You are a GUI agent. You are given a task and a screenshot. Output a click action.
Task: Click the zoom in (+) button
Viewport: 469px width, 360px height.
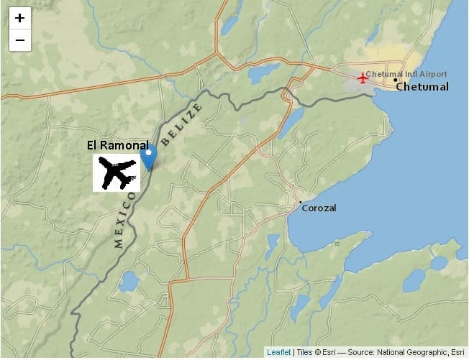(19, 18)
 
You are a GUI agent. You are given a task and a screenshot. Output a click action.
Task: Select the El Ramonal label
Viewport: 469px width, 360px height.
(118, 145)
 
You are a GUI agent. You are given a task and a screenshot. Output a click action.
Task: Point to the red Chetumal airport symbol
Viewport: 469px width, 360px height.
(362, 78)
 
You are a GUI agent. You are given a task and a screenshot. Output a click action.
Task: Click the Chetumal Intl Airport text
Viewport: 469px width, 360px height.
(406, 74)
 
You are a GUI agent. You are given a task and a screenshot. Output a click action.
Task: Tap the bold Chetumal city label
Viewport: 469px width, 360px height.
(422, 87)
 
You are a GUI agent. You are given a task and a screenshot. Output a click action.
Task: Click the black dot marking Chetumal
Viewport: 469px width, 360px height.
(396, 80)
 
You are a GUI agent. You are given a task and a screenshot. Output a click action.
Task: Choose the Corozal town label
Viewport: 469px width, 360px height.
(319, 208)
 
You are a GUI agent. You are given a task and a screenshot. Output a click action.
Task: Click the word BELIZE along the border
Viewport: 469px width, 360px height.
(182, 124)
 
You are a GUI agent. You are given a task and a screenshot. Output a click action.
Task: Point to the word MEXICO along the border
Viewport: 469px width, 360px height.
(124, 220)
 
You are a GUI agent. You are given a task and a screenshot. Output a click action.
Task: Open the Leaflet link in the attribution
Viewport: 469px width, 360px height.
(278, 352)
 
